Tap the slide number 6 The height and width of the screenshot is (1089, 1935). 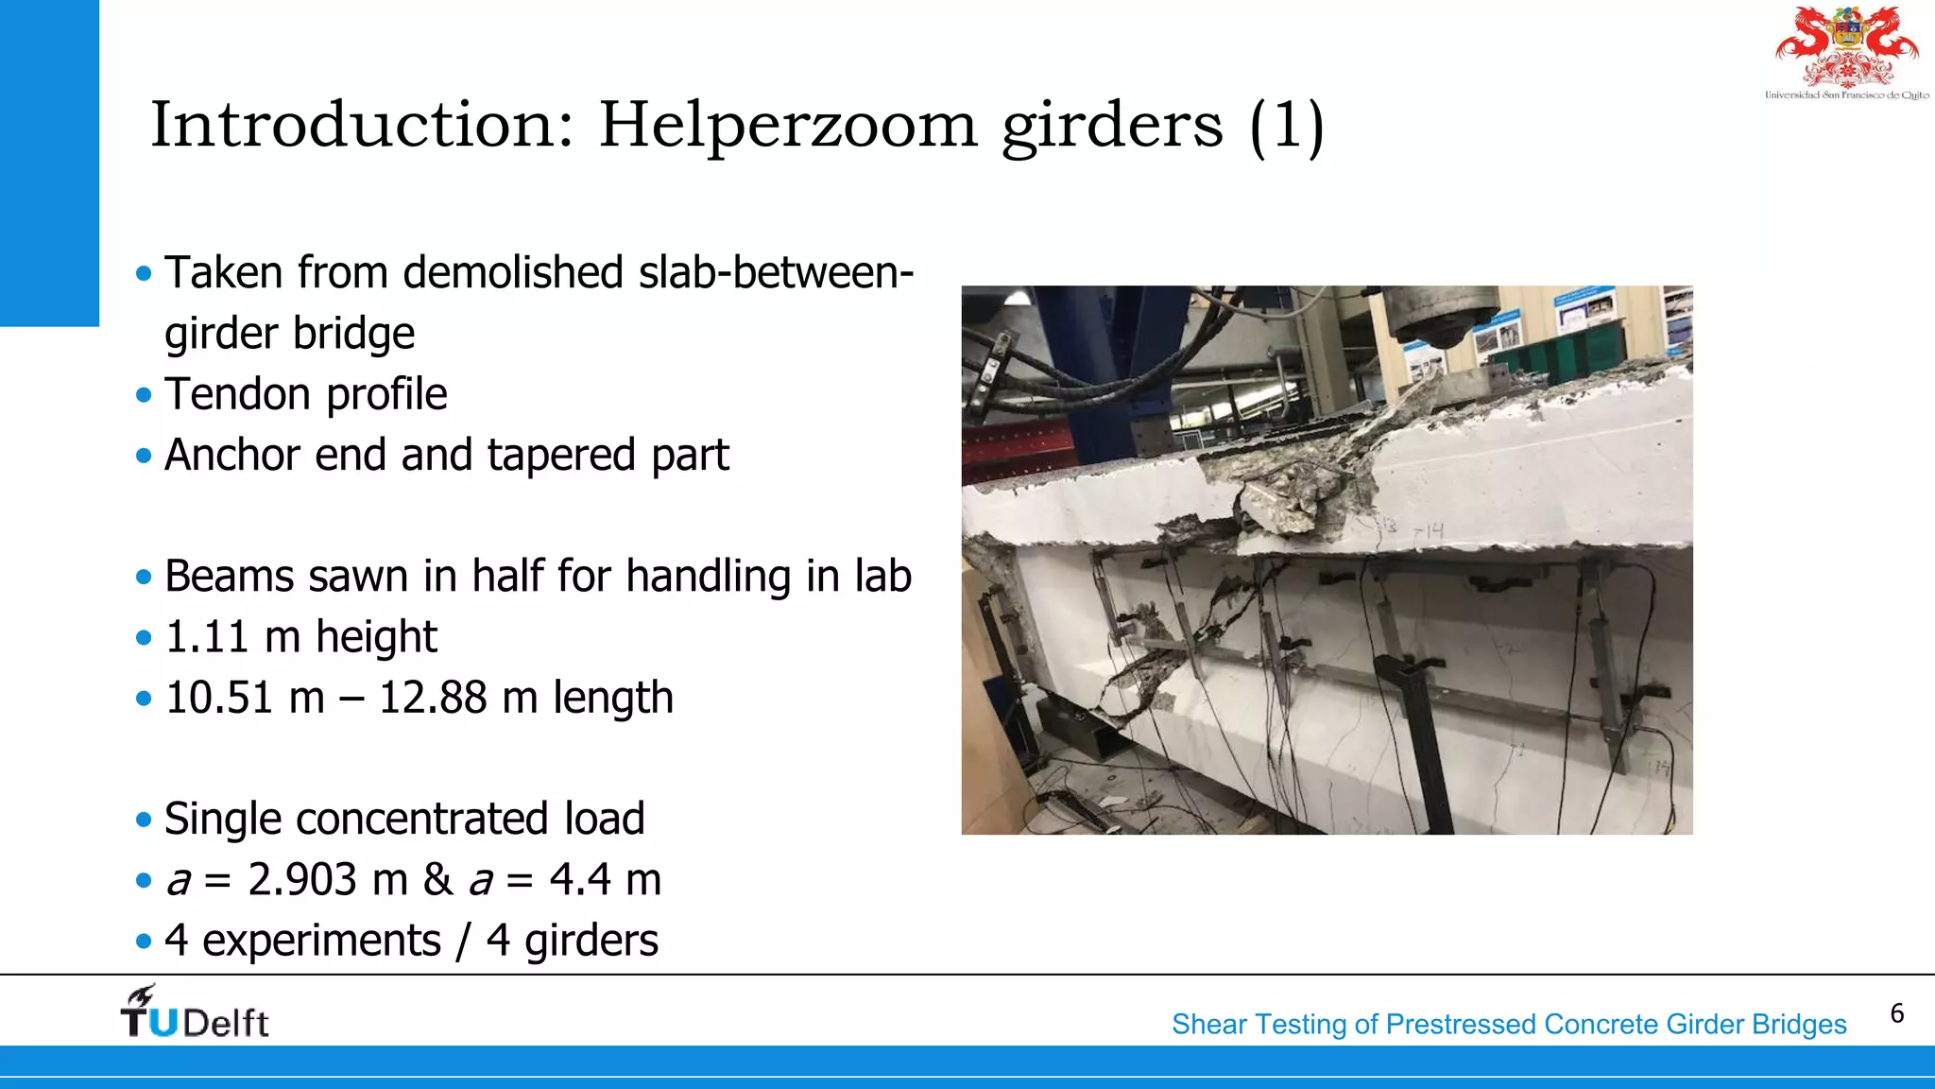coord(1897,1013)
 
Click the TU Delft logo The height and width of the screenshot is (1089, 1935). coord(195,1012)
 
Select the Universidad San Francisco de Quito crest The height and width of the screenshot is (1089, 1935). coord(1847,53)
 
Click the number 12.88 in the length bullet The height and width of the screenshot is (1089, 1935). coord(432,698)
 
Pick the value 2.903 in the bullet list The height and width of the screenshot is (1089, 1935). coord(302,880)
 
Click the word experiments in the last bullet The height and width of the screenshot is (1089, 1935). coord(321,941)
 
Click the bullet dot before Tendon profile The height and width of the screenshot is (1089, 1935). coord(144,395)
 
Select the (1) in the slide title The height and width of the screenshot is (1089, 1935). coord(1286,127)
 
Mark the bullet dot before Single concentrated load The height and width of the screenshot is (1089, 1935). coord(144,820)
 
